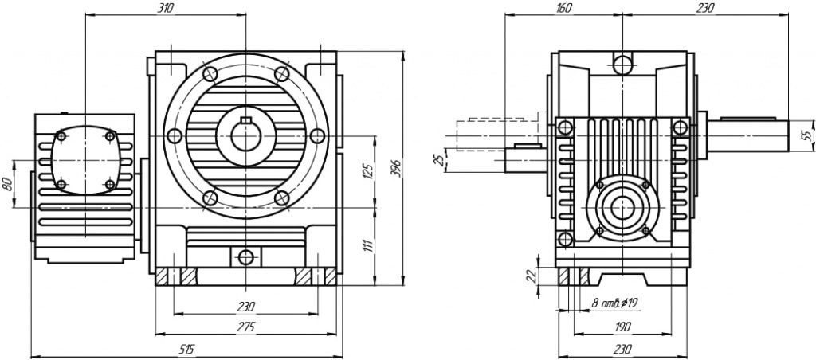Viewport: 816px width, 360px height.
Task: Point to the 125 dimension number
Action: [367, 170]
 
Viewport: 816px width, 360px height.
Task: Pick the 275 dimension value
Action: [245, 327]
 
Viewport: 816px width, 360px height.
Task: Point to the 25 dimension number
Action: [437, 160]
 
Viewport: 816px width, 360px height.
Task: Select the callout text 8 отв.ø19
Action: [613, 303]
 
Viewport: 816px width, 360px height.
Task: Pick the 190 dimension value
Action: [622, 327]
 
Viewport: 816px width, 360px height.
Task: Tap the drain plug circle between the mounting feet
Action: [245, 256]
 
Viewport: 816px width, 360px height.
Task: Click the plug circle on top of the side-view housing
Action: [622, 63]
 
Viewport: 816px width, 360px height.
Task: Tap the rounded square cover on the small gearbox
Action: [84, 160]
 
